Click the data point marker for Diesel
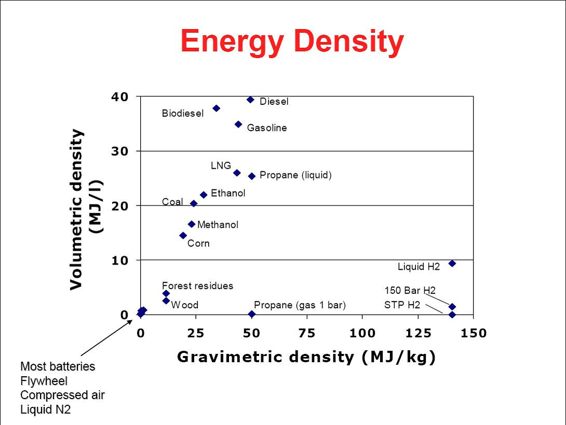coord(250,100)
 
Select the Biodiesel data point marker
coord(217,108)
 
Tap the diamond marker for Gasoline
coord(238,124)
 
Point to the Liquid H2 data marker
coord(452,263)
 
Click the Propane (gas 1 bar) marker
coord(252,314)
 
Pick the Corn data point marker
coord(183,235)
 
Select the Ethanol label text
coord(228,193)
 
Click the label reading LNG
coord(221,166)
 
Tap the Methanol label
coord(218,225)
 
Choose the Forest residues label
coord(197,285)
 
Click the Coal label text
coord(172,201)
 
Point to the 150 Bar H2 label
coord(410,290)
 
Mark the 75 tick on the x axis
coord(307,333)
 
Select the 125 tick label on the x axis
coord(419,333)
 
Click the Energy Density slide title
coord(292,42)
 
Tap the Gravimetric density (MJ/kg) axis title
coord(306,357)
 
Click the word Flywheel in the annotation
coord(44,381)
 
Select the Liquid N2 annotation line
coord(46,409)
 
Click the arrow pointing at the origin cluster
coord(106,337)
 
